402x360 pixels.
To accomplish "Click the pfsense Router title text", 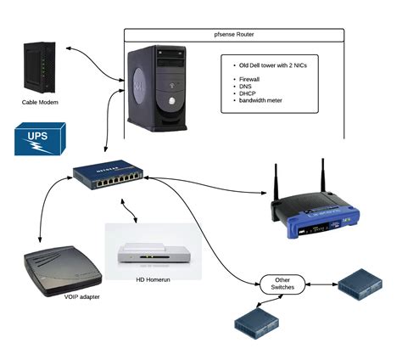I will [x=234, y=35].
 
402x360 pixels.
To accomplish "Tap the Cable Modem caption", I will [x=40, y=103].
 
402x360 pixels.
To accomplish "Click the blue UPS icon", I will [x=39, y=138].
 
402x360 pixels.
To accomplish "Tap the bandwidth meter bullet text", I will [x=265, y=100].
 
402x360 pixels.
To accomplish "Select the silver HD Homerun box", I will [x=153, y=253].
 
